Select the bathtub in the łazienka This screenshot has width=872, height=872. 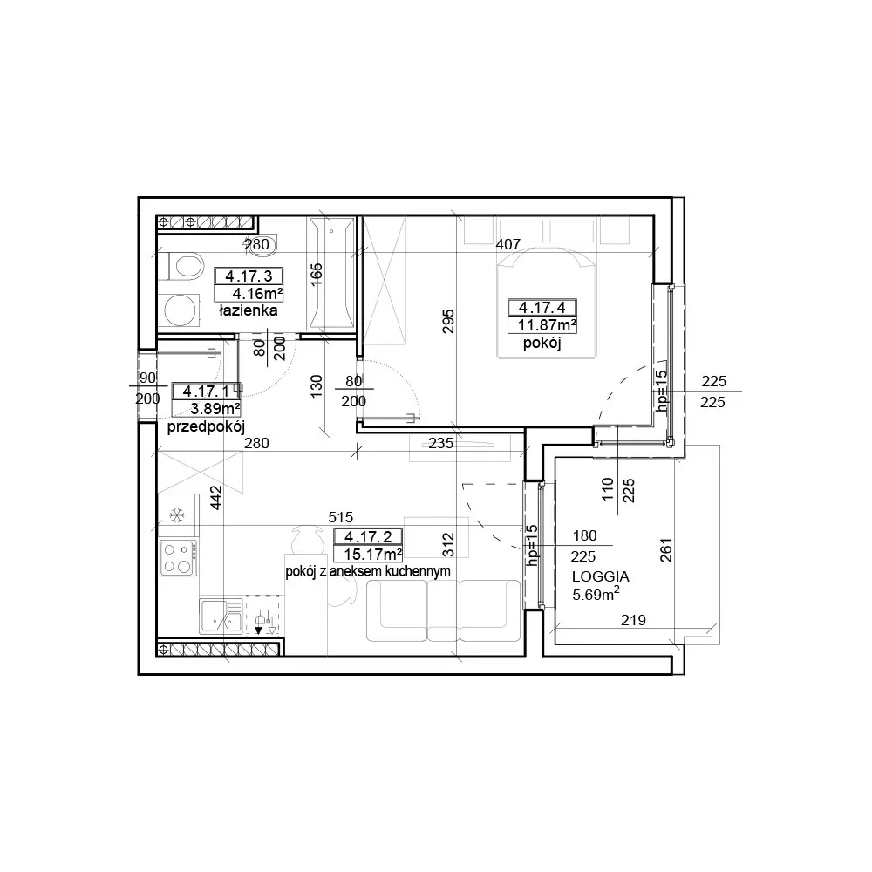tap(331, 273)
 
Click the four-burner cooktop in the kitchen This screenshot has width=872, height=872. tap(178, 558)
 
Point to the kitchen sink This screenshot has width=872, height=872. tap(221, 617)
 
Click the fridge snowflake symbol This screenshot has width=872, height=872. tap(177, 515)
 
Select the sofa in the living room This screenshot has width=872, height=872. tap(443, 610)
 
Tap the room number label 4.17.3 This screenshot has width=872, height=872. tap(249, 276)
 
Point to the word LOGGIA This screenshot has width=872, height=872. tap(600, 576)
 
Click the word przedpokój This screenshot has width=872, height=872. tap(206, 427)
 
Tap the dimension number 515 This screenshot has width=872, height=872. tap(340, 517)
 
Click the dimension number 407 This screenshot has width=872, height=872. tap(508, 244)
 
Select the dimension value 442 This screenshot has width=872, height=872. tap(216, 497)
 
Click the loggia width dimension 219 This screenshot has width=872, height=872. tap(633, 619)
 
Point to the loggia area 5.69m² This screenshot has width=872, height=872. tap(596, 594)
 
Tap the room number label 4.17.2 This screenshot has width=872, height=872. tap(368, 536)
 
